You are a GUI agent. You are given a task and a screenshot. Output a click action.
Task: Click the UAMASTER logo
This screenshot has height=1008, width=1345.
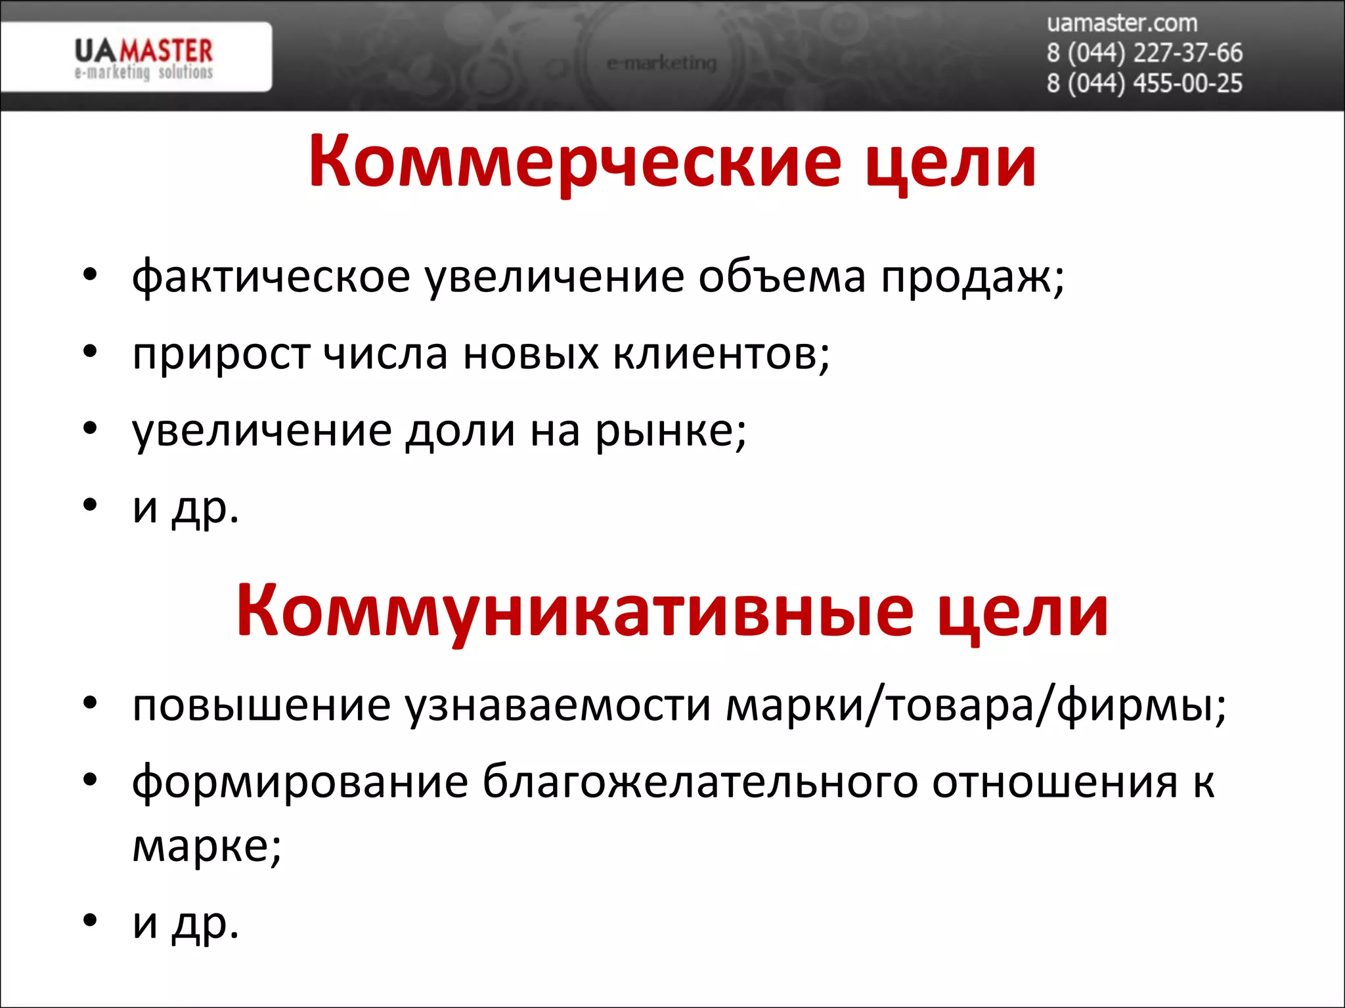[143, 58]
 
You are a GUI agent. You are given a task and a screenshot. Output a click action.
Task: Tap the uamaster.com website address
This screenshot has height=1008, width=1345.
[1122, 23]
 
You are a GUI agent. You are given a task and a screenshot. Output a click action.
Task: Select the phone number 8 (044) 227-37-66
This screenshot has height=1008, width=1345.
[1144, 52]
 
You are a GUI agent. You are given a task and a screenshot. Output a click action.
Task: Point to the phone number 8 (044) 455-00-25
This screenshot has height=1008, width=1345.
[1144, 83]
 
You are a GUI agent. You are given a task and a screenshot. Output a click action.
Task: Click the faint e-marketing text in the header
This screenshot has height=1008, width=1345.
[661, 63]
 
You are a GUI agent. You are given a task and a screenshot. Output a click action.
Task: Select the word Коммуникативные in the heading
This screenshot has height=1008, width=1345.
[574, 612]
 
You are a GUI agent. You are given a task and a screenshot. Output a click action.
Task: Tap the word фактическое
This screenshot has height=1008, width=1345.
[271, 277]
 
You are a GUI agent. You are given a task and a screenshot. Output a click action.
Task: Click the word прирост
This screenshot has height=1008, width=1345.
[221, 354]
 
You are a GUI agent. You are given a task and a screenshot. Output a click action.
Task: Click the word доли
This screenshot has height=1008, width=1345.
[460, 431]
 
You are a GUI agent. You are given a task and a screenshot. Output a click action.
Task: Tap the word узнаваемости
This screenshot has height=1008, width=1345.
[558, 705]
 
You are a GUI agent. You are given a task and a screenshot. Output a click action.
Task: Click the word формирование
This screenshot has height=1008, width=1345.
[300, 782]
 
